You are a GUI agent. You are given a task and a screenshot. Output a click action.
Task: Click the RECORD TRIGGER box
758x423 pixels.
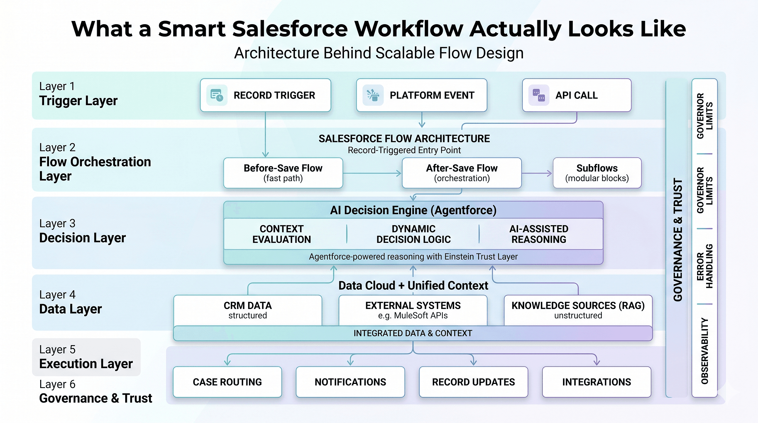[265, 95]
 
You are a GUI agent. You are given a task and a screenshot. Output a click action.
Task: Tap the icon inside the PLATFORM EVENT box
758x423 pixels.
[373, 95]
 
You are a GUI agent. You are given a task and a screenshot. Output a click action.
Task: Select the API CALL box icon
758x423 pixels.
[538, 95]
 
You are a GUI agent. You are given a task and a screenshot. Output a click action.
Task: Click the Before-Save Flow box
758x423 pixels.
[283, 173]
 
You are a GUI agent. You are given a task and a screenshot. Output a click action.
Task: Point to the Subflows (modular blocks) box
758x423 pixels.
[597, 173]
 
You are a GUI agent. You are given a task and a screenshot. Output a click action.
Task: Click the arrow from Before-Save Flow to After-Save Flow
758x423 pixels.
[372, 173]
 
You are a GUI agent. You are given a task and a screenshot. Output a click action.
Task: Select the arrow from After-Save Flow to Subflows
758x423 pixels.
[537, 173]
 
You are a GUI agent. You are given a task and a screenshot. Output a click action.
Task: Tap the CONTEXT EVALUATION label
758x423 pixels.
[282, 234]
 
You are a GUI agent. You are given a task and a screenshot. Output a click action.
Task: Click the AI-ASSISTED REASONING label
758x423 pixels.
[538, 234]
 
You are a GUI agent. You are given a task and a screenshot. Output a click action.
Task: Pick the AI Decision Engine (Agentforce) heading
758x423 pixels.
[413, 210]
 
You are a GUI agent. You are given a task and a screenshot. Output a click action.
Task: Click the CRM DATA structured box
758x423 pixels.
[248, 310]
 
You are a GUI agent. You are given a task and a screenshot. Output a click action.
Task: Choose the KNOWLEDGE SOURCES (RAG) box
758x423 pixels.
[578, 310]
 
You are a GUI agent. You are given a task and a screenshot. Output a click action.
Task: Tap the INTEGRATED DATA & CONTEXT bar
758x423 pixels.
[413, 333]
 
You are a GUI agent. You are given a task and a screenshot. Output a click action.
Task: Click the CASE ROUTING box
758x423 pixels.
[227, 382]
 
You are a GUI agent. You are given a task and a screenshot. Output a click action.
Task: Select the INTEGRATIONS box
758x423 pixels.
[596, 382]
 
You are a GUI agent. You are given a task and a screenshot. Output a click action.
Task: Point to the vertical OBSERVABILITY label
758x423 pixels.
[704, 351]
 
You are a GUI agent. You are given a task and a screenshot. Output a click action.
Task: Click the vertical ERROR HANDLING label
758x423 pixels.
[704, 266]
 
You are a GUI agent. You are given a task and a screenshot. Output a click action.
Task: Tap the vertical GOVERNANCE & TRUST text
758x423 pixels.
[678, 240]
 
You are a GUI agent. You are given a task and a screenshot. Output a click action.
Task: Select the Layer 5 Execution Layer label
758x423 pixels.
[86, 357]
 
